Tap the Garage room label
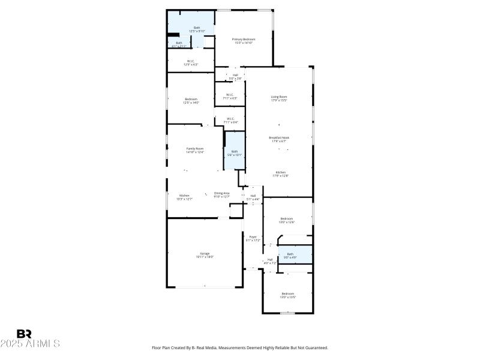(205, 255)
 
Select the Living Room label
(279, 98)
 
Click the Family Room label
(194, 150)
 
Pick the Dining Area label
(222, 194)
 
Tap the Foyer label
(253, 239)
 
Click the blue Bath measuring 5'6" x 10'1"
(235, 153)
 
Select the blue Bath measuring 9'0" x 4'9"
(290, 256)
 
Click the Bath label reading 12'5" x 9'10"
(197, 29)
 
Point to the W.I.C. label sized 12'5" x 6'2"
(190, 62)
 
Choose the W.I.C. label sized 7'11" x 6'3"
(230, 96)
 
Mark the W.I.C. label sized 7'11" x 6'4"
(230, 120)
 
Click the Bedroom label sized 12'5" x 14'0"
(191, 101)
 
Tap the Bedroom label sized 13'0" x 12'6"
(287, 220)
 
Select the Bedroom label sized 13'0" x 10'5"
(288, 295)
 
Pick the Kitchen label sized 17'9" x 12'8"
(280, 174)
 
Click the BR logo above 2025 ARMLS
(24, 334)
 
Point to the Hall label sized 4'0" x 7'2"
(270, 261)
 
